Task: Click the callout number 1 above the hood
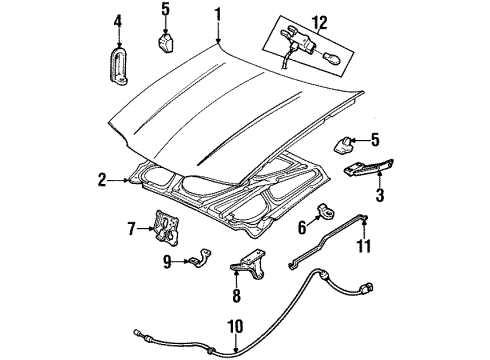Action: tap(215, 15)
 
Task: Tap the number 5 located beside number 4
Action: tap(165, 13)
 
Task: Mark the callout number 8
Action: tap(236, 296)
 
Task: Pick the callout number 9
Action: tap(167, 263)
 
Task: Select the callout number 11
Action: tap(365, 246)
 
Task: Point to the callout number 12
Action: tap(319, 19)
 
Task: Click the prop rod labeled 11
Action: tap(330, 243)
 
